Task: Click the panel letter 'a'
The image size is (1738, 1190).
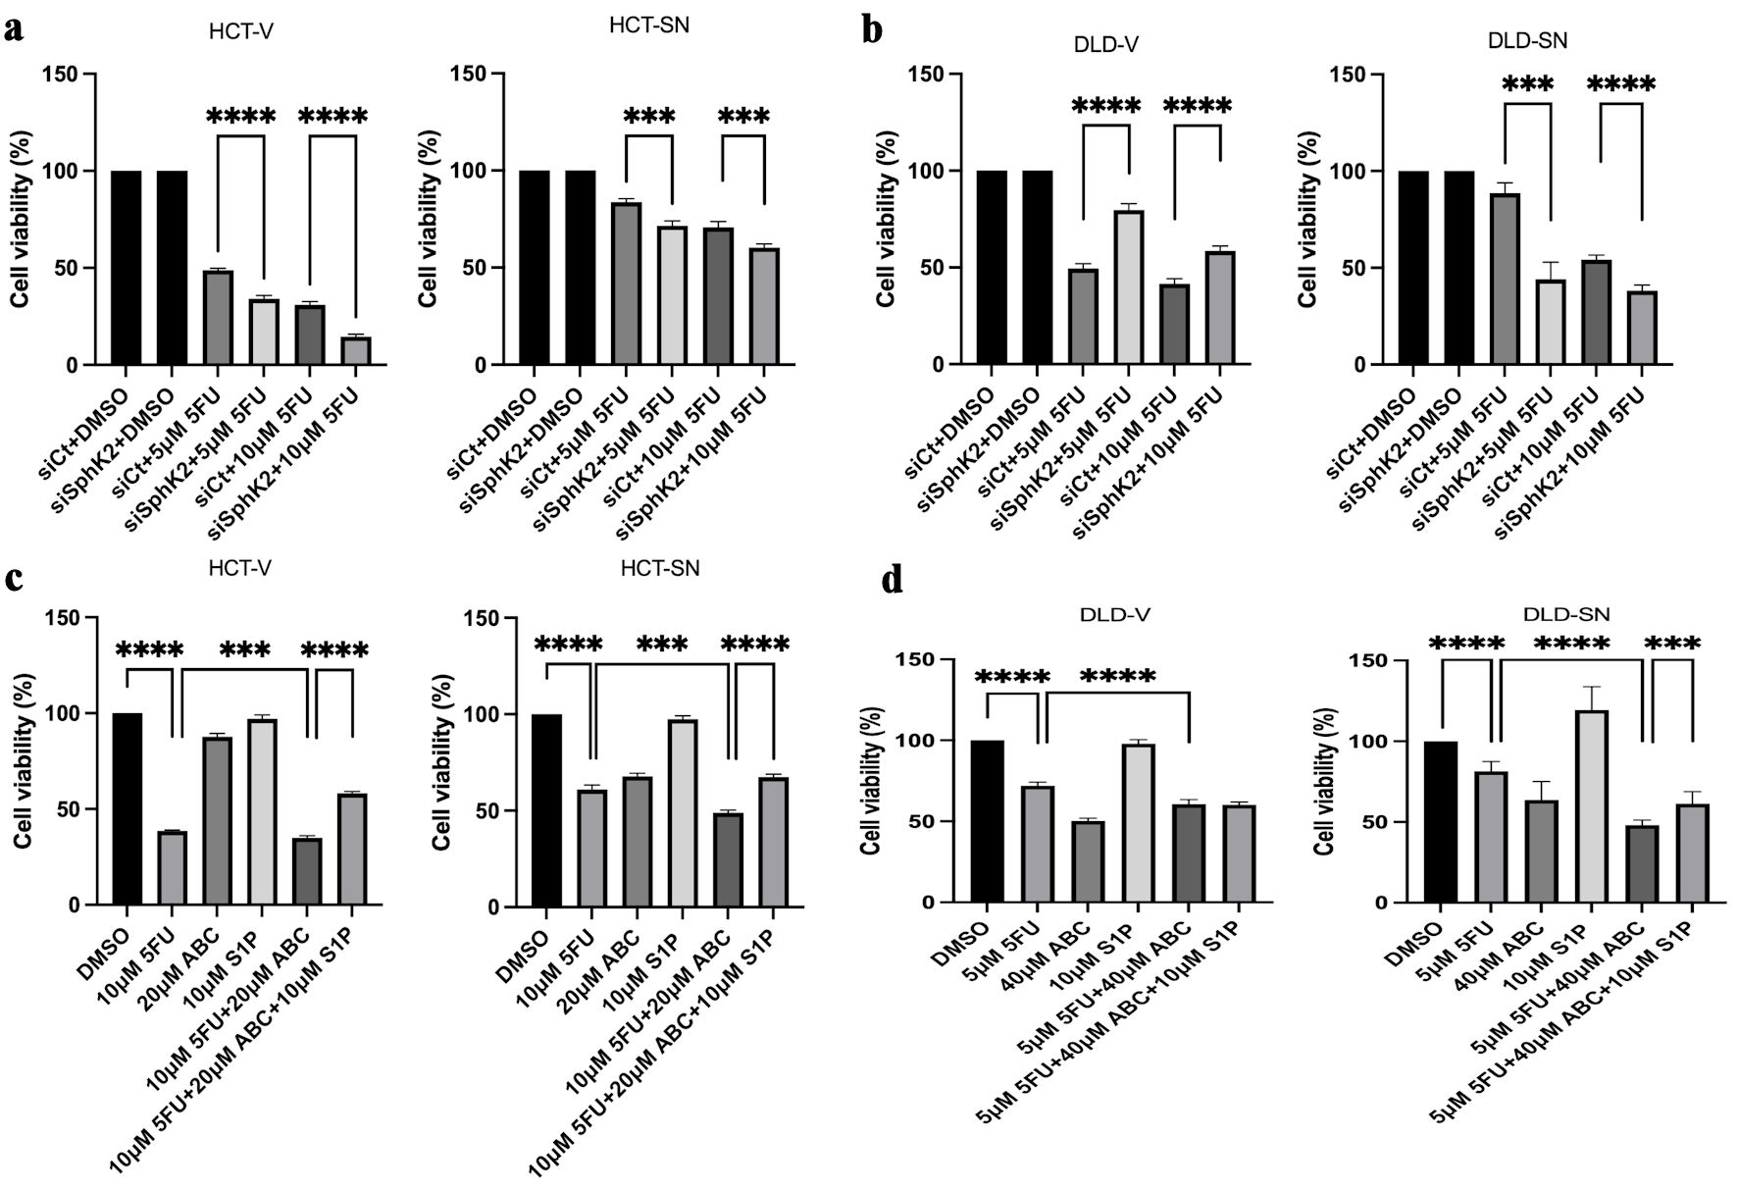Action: [x=14, y=28]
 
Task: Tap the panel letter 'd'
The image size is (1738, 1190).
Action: [x=892, y=581]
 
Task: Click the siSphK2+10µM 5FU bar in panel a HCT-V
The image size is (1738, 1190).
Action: [x=356, y=350]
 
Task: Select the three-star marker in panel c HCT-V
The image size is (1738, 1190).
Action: [x=245, y=649]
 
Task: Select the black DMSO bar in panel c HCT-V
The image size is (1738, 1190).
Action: [x=128, y=808]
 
